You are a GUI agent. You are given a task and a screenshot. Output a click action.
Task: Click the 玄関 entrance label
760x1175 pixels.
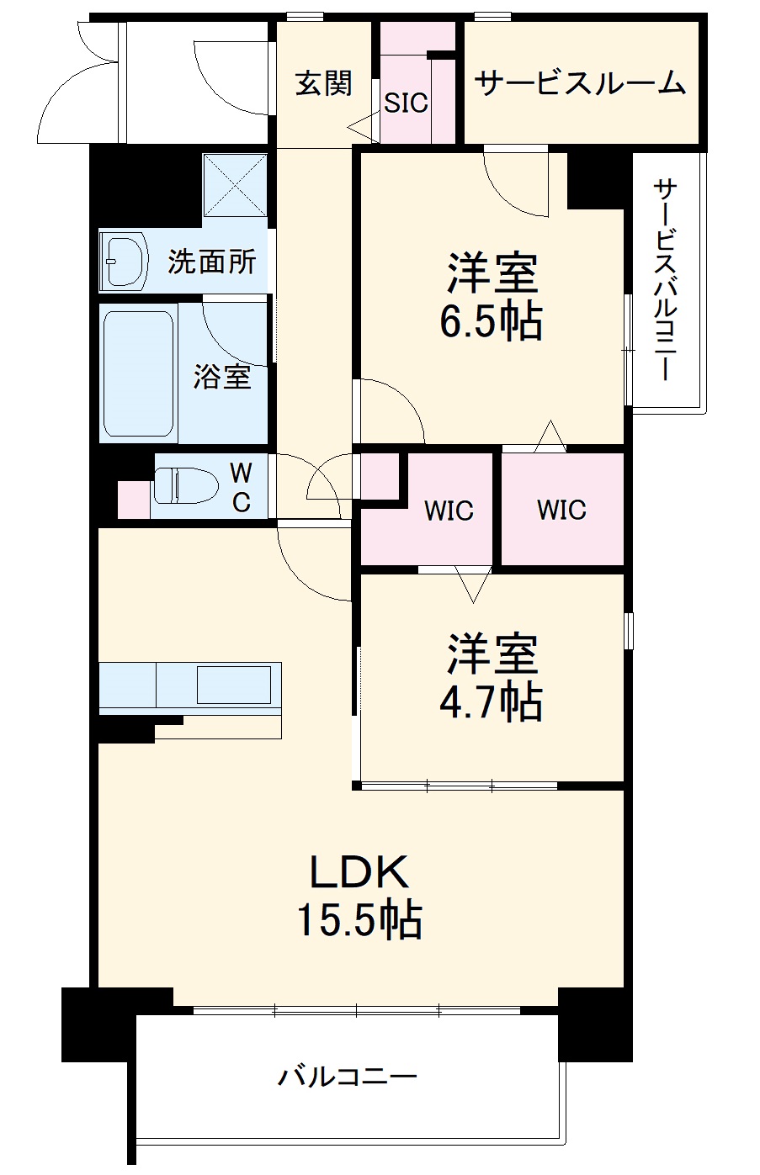coord(323,84)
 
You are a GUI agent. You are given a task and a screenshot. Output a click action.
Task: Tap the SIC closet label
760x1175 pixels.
coord(407,103)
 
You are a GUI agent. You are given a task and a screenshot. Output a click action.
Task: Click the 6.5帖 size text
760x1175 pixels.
coord(491,320)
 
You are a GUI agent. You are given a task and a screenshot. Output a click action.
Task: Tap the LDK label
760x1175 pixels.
coord(359,872)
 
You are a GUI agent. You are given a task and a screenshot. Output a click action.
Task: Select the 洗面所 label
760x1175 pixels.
coord(211,262)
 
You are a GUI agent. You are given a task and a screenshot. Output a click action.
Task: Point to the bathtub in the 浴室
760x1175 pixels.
coord(138,374)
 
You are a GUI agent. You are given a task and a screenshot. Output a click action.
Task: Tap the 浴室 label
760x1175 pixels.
coord(221,377)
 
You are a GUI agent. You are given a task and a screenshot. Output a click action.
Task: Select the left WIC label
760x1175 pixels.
coord(448,511)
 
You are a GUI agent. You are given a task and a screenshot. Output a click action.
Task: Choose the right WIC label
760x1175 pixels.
coord(561,509)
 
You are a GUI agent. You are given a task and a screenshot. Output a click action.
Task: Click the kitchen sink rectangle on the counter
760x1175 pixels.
coord(234,684)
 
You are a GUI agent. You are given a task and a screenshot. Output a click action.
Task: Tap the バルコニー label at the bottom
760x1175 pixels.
coord(348,1077)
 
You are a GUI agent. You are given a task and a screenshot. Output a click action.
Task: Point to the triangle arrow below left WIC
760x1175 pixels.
coord(472,583)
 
